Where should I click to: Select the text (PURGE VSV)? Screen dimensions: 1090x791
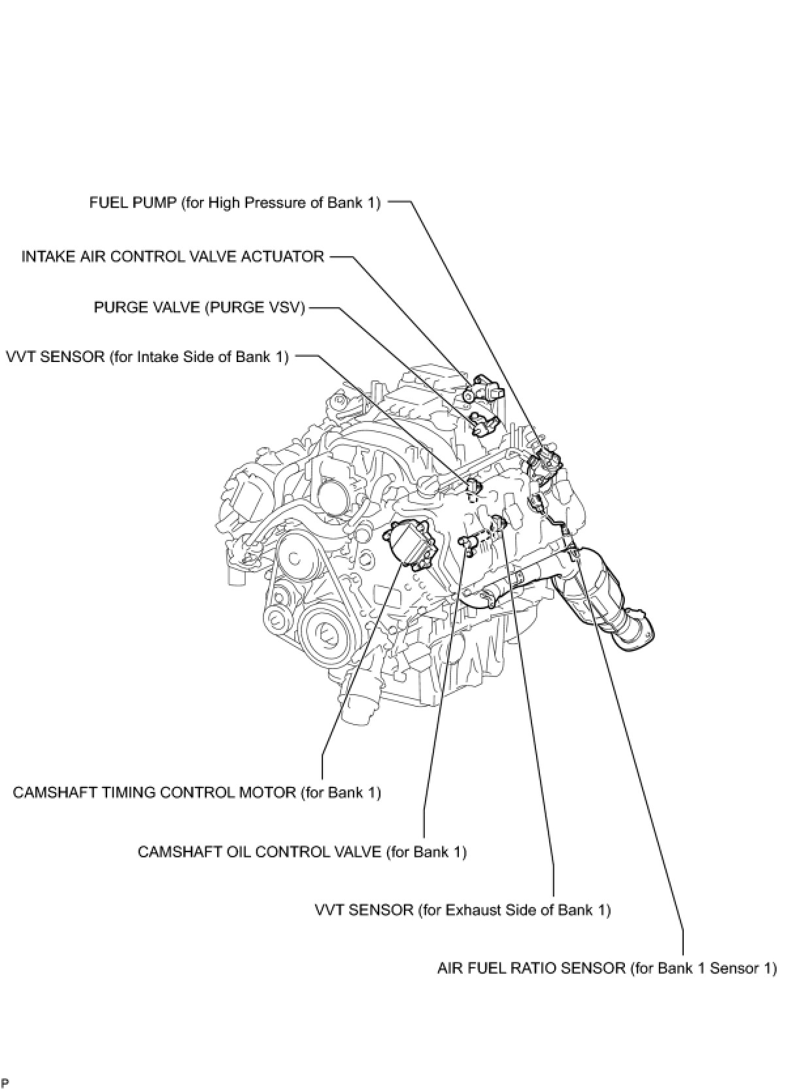pos(255,307)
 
